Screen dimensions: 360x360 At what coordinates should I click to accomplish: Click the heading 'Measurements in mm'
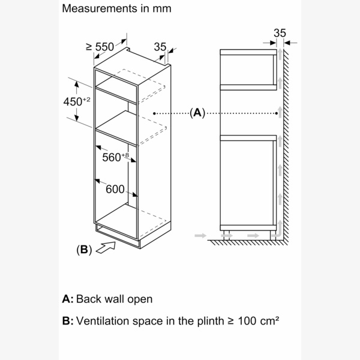[116, 9]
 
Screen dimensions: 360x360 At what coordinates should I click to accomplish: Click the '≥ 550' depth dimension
[100, 46]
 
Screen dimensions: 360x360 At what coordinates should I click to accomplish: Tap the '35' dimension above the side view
[280, 33]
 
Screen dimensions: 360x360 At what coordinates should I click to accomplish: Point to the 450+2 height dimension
[76, 101]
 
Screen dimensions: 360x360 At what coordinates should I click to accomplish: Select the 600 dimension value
[115, 189]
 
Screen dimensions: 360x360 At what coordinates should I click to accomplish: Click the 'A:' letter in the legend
[68, 298]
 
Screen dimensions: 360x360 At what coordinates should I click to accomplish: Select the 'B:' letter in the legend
[68, 321]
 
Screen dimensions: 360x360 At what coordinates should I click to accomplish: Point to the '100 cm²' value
[256, 321]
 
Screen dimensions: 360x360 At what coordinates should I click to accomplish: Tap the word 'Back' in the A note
[90, 298]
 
